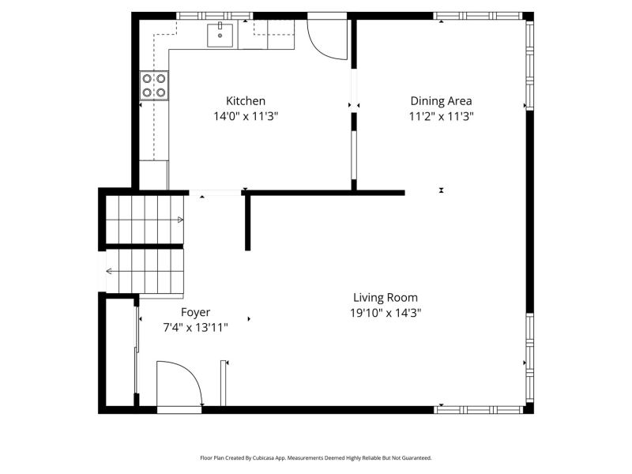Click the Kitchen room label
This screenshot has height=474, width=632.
click(246, 101)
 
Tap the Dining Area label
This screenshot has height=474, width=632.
click(441, 101)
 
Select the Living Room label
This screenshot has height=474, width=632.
click(386, 298)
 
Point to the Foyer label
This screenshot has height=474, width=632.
click(195, 312)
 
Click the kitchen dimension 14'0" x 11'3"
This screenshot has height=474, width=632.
click(246, 116)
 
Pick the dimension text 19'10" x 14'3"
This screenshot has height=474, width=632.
click(386, 313)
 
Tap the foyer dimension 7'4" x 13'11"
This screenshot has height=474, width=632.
click(195, 327)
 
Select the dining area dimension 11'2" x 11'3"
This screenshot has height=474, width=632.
click(442, 116)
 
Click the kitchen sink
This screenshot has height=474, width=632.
click(220, 36)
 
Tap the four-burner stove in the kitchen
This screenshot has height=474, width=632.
click(154, 85)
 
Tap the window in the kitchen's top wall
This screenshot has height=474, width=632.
click(215, 16)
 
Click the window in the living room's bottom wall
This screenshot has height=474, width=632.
click(479, 410)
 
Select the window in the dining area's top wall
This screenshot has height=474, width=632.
click(478, 16)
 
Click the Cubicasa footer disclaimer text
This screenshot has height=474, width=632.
click(316, 458)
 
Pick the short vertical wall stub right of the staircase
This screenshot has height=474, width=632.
click(247, 223)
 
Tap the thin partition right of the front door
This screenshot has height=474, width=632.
click(223, 383)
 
